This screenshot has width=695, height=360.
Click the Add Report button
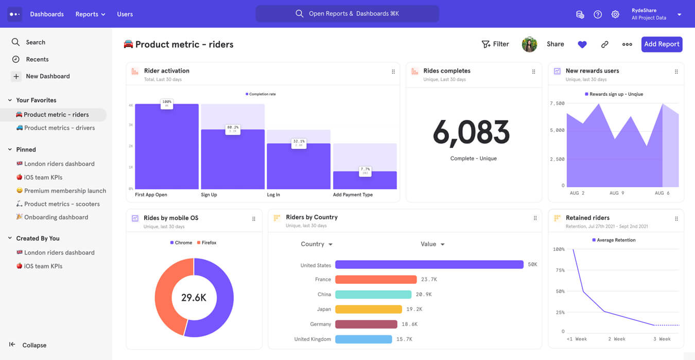point(662,44)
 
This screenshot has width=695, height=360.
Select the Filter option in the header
point(495,44)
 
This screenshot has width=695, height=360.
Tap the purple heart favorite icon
point(582,45)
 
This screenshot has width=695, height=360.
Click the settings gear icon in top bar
point(615,14)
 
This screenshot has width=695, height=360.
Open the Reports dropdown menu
point(90,14)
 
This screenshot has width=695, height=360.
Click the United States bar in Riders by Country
point(429,265)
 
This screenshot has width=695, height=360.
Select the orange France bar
point(375,280)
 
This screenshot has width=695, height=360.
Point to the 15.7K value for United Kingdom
point(404,339)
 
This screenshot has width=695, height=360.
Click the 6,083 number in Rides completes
point(471,133)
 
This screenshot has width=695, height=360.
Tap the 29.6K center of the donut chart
point(194,298)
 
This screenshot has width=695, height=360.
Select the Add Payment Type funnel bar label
point(353,195)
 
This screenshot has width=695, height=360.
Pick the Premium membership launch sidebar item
point(65,191)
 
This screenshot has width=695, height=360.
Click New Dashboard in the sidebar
point(47,76)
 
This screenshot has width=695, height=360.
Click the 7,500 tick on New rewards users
point(557,104)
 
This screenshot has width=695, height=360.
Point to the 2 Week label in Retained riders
point(616,339)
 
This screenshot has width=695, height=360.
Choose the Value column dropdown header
point(432,244)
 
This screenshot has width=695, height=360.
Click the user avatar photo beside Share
point(529,45)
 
